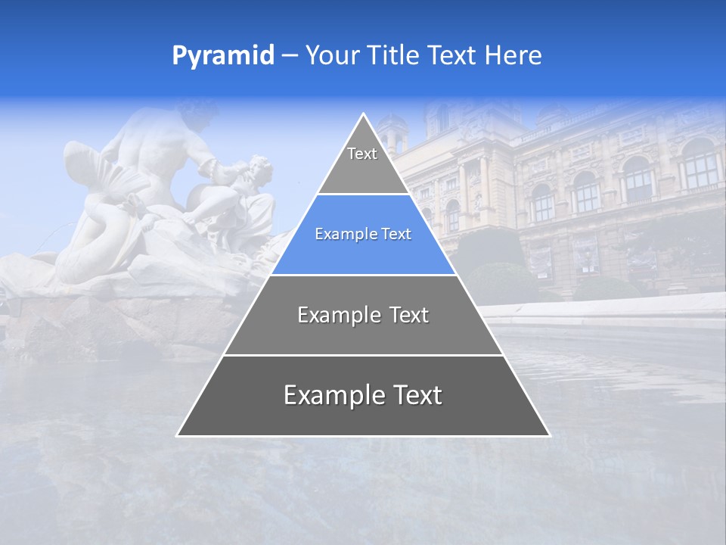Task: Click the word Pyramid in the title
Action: (x=222, y=56)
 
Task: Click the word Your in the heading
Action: (x=332, y=56)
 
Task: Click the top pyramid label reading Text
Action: (x=362, y=154)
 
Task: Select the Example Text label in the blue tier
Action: (x=363, y=235)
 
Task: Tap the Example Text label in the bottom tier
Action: (x=363, y=395)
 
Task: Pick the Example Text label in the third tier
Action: (x=363, y=315)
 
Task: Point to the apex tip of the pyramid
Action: (x=364, y=114)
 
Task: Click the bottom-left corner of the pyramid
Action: (x=178, y=435)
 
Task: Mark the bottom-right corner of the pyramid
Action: (x=549, y=435)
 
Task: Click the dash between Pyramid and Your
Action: (x=290, y=56)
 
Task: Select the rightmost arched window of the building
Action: (x=700, y=163)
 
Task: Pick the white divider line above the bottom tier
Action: (x=363, y=355)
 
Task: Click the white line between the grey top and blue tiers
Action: (x=363, y=195)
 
